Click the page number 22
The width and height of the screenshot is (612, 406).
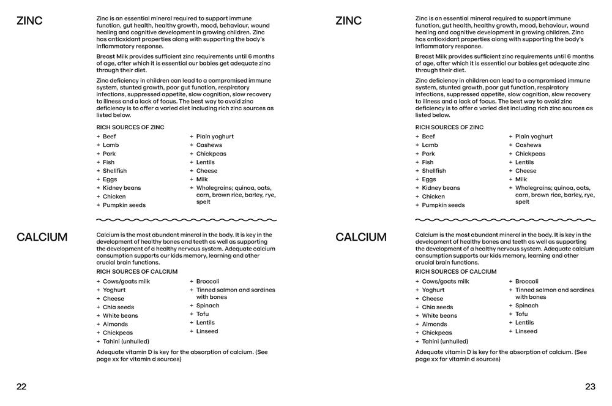click(x=21, y=386)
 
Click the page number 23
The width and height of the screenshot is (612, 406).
click(x=590, y=386)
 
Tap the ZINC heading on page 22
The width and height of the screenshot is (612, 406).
click(x=30, y=21)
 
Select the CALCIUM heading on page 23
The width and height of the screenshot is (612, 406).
click(x=361, y=237)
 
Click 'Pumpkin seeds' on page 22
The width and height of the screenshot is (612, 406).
click(x=124, y=205)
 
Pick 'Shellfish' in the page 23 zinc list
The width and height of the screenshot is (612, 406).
click(x=434, y=171)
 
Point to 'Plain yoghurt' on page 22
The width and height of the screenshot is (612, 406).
click(x=215, y=137)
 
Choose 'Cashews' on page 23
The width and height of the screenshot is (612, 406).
click(x=528, y=145)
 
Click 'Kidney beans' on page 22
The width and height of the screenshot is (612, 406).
click(x=122, y=188)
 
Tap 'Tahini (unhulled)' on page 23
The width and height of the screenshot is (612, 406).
click(x=445, y=341)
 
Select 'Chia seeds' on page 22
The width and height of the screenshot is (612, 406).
click(x=118, y=307)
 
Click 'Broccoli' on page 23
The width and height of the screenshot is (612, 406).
click(x=526, y=281)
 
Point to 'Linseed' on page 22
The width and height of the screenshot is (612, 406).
click(x=207, y=331)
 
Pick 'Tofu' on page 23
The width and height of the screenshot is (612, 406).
click(x=521, y=314)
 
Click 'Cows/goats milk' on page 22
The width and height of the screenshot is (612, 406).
click(x=126, y=282)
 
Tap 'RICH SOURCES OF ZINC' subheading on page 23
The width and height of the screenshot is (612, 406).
click(x=449, y=127)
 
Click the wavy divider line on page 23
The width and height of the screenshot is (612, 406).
click(x=505, y=219)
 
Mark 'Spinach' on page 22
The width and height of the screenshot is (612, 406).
click(x=207, y=306)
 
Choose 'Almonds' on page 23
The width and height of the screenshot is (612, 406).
click(x=435, y=324)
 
